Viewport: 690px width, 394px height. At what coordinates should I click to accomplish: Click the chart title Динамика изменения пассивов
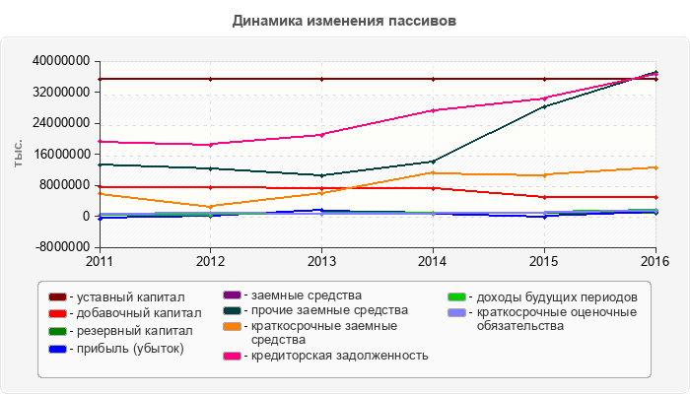[x=345, y=20]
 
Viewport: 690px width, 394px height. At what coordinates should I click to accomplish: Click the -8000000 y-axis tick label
[x=61, y=247]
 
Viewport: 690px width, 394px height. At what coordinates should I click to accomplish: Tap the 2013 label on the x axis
[x=321, y=261]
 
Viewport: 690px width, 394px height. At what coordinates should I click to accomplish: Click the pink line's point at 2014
[x=433, y=110]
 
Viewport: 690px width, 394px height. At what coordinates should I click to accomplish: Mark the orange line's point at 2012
[x=210, y=207]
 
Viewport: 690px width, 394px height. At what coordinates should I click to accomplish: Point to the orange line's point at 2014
[x=433, y=173]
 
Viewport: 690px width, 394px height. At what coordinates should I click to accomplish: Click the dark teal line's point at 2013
[x=321, y=175]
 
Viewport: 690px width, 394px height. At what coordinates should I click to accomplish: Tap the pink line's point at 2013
[x=321, y=135]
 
